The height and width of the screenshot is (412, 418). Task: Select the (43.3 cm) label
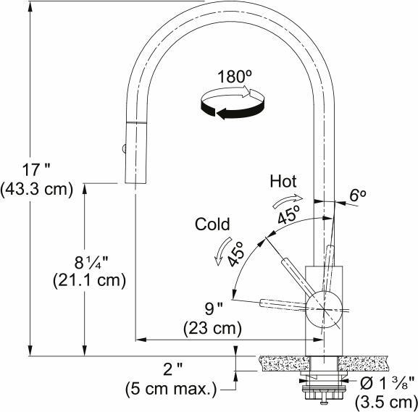38,190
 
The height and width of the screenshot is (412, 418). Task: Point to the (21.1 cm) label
90,279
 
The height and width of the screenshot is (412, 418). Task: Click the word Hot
283,180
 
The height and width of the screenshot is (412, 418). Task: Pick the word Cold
212,224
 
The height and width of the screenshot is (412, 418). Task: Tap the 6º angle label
359,195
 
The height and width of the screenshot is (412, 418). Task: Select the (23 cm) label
213,328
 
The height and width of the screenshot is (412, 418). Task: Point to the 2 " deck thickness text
172,370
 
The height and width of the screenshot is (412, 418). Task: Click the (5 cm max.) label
171,389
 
